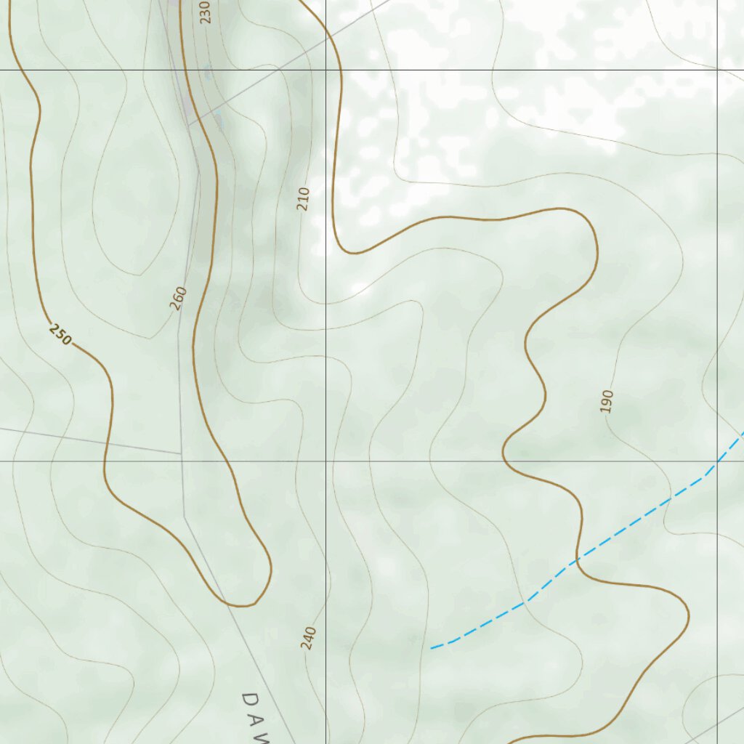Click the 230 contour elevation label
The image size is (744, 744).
pyautogui.click(x=205, y=12)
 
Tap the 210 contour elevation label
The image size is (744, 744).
pyautogui.click(x=304, y=199)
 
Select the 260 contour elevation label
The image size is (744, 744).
pyautogui.click(x=179, y=298)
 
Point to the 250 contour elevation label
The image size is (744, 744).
pyautogui.click(x=61, y=334)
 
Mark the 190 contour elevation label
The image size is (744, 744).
pyautogui.click(x=607, y=401)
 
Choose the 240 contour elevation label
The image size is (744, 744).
pyautogui.click(x=309, y=638)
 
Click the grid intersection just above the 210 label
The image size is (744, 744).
pyautogui.click(x=325, y=70)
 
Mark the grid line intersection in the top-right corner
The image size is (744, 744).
pyautogui.click(x=718, y=70)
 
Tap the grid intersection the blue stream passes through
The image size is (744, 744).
pyautogui.click(x=718, y=461)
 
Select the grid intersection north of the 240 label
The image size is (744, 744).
pyautogui.click(x=325, y=461)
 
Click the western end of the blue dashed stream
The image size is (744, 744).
pyautogui.click(x=432, y=647)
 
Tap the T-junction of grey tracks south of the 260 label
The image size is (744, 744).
pyautogui.click(x=180, y=453)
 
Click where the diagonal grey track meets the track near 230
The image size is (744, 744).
pyautogui.click(x=190, y=125)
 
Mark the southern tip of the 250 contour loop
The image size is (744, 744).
pyautogui.click(x=243, y=605)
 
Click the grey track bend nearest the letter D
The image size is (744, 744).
pyautogui.click(x=185, y=517)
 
